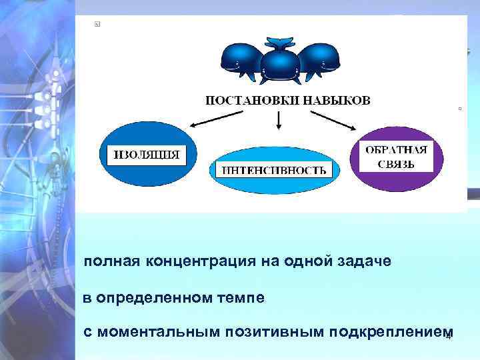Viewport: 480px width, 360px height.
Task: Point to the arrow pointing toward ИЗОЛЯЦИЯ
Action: pyautogui.click(x=211, y=117)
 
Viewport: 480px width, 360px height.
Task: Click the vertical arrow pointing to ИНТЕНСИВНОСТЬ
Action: pyautogui.click(x=279, y=120)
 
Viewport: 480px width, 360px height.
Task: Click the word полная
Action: pyautogui.click(x=105, y=261)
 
